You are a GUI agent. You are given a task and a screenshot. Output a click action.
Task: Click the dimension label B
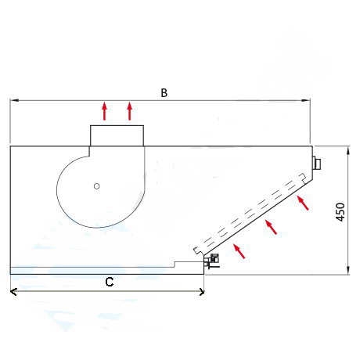[164, 93]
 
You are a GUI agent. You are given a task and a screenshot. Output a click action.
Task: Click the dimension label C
[110, 282]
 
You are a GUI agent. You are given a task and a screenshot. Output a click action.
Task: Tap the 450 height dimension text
[340, 212]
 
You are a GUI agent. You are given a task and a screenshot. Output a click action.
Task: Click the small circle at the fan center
[97, 186]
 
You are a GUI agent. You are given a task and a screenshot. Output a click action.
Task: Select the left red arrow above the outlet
[105, 111]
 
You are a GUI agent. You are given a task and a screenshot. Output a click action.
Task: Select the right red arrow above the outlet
[130, 111]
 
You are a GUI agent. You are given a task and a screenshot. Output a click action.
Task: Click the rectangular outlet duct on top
[117, 135]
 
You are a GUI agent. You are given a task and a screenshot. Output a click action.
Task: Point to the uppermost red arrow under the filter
[303, 203]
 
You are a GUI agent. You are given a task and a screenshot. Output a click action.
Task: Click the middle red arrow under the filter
[271, 227]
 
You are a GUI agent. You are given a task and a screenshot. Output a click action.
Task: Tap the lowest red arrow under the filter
[239, 251]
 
